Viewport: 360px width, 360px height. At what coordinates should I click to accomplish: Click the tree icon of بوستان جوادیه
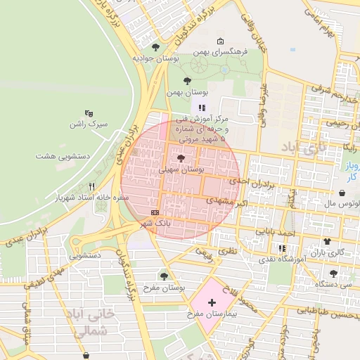click(x=155, y=47)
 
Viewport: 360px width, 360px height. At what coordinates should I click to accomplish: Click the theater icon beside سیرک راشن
click(x=89, y=112)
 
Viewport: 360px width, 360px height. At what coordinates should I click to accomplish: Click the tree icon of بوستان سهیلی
click(x=181, y=158)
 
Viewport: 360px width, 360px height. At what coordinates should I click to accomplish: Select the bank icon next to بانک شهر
click(x=155, y=212)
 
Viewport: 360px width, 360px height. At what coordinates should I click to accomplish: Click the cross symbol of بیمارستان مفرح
click(x=212, y=302)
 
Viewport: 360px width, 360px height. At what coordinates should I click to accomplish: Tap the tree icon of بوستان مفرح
click(x=165, y=276)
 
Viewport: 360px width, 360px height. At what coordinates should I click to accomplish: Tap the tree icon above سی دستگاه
click(x=333, y=274)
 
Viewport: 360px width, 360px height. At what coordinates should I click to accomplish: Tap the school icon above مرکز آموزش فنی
click(x=202, y=108)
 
